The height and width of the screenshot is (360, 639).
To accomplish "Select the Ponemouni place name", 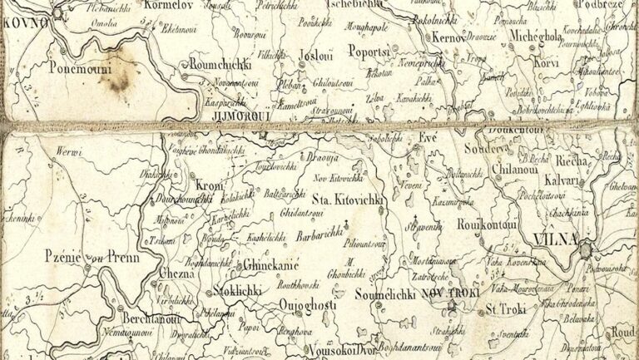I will [x=80, y=69].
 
